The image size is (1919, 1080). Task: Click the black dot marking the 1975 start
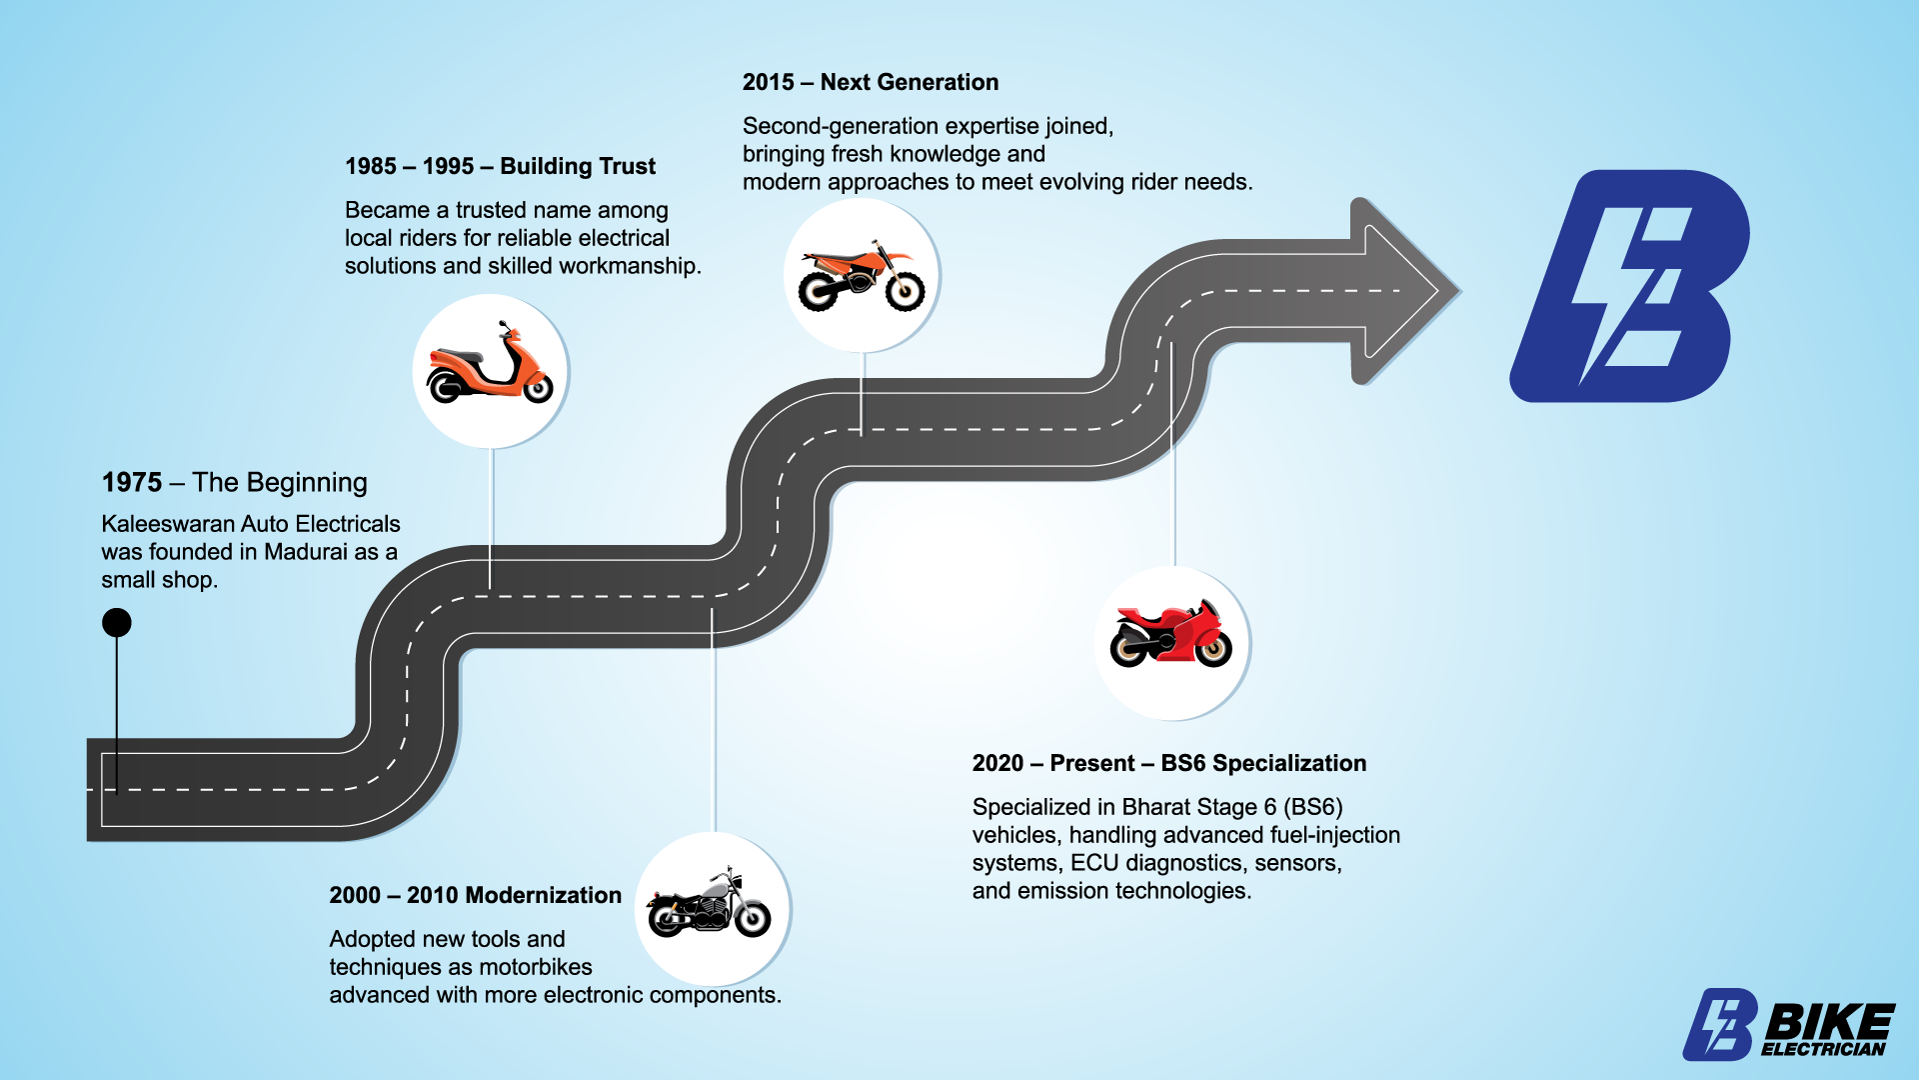tap(117, 623)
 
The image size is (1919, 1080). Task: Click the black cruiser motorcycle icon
tap(710, 906)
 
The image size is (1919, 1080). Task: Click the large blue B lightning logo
tap(1629, 287)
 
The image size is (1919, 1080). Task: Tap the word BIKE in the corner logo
tap(1829, 1022)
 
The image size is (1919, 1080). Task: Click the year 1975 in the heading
tap(132, 483)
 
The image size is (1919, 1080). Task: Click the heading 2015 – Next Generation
tap(870, 83)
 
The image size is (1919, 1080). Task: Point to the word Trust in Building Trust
tap(628, 167)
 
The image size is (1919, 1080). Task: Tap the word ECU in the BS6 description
tap(1093, 863)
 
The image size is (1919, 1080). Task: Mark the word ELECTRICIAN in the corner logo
tap(1823, 1049)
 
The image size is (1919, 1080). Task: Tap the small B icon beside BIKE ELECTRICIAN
tap(1720, 1024)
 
